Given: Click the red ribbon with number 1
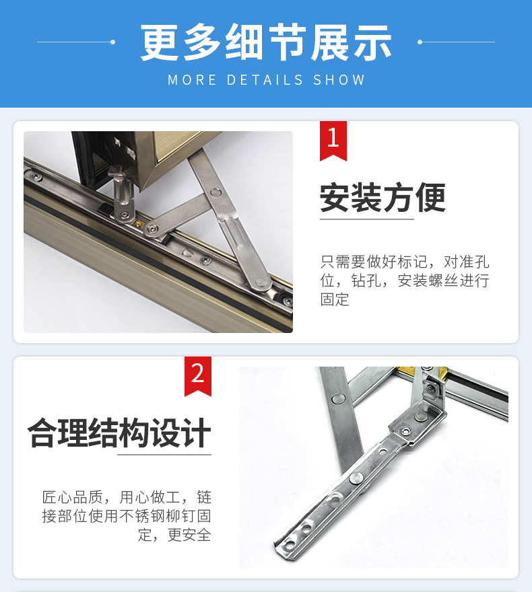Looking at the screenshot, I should [333, 140].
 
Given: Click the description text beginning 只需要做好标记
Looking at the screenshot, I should [405, 280].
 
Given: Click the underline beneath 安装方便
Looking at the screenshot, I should [366, 219].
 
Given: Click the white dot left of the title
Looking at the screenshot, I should [112, 42].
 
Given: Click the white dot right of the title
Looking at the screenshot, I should [420, 42].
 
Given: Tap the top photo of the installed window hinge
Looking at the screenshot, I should [158, 231].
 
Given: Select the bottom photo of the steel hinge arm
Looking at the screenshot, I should [373, 467].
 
